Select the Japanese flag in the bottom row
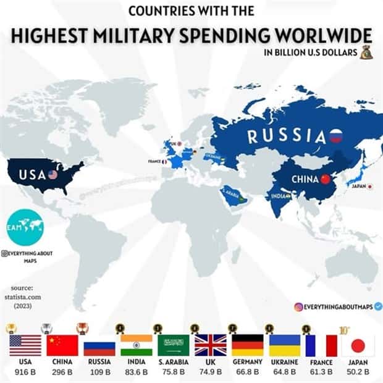click(x=358, y=345)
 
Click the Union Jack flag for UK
click(x=210, y=345)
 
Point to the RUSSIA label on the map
click(x=287, y=135)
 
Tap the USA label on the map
click(x=32, y=174)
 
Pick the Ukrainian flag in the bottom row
click(x=284, y=345)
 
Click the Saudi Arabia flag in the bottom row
click(x=174, y=345)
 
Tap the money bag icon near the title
click(x=367, y=53)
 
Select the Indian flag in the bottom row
click(x=136, y=345)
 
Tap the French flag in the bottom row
click(x=321, y=345)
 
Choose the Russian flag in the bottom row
click(x=99, y=345)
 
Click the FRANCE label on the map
click(x=154, y=161)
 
